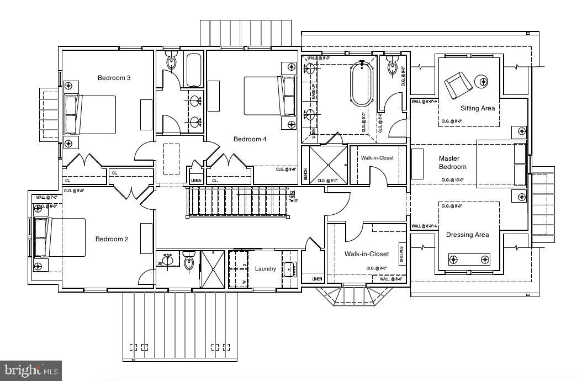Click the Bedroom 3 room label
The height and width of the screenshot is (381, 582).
pos(114,78)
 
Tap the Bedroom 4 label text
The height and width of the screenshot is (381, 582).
pos(250,139)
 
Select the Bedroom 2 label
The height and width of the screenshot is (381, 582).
pos(112,239)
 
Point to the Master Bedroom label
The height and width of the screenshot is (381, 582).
pos(452,162)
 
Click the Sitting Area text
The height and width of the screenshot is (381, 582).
pos(478,108)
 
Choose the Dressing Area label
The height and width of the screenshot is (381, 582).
pos(467,235)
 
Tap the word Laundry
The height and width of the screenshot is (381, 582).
pos(265,269)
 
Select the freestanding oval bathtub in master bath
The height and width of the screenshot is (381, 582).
pos(362,84)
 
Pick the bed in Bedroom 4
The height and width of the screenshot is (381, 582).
pos(270,96)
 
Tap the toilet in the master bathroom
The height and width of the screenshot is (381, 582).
pos(393,66)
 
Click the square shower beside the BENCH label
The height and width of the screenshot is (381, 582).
pos(328,165)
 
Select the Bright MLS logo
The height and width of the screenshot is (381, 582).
pos(31,370)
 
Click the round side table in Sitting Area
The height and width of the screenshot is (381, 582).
pos(483,82)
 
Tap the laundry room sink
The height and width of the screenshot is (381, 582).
pos(290,269)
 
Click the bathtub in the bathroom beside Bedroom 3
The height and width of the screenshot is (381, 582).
pos(194,70)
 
